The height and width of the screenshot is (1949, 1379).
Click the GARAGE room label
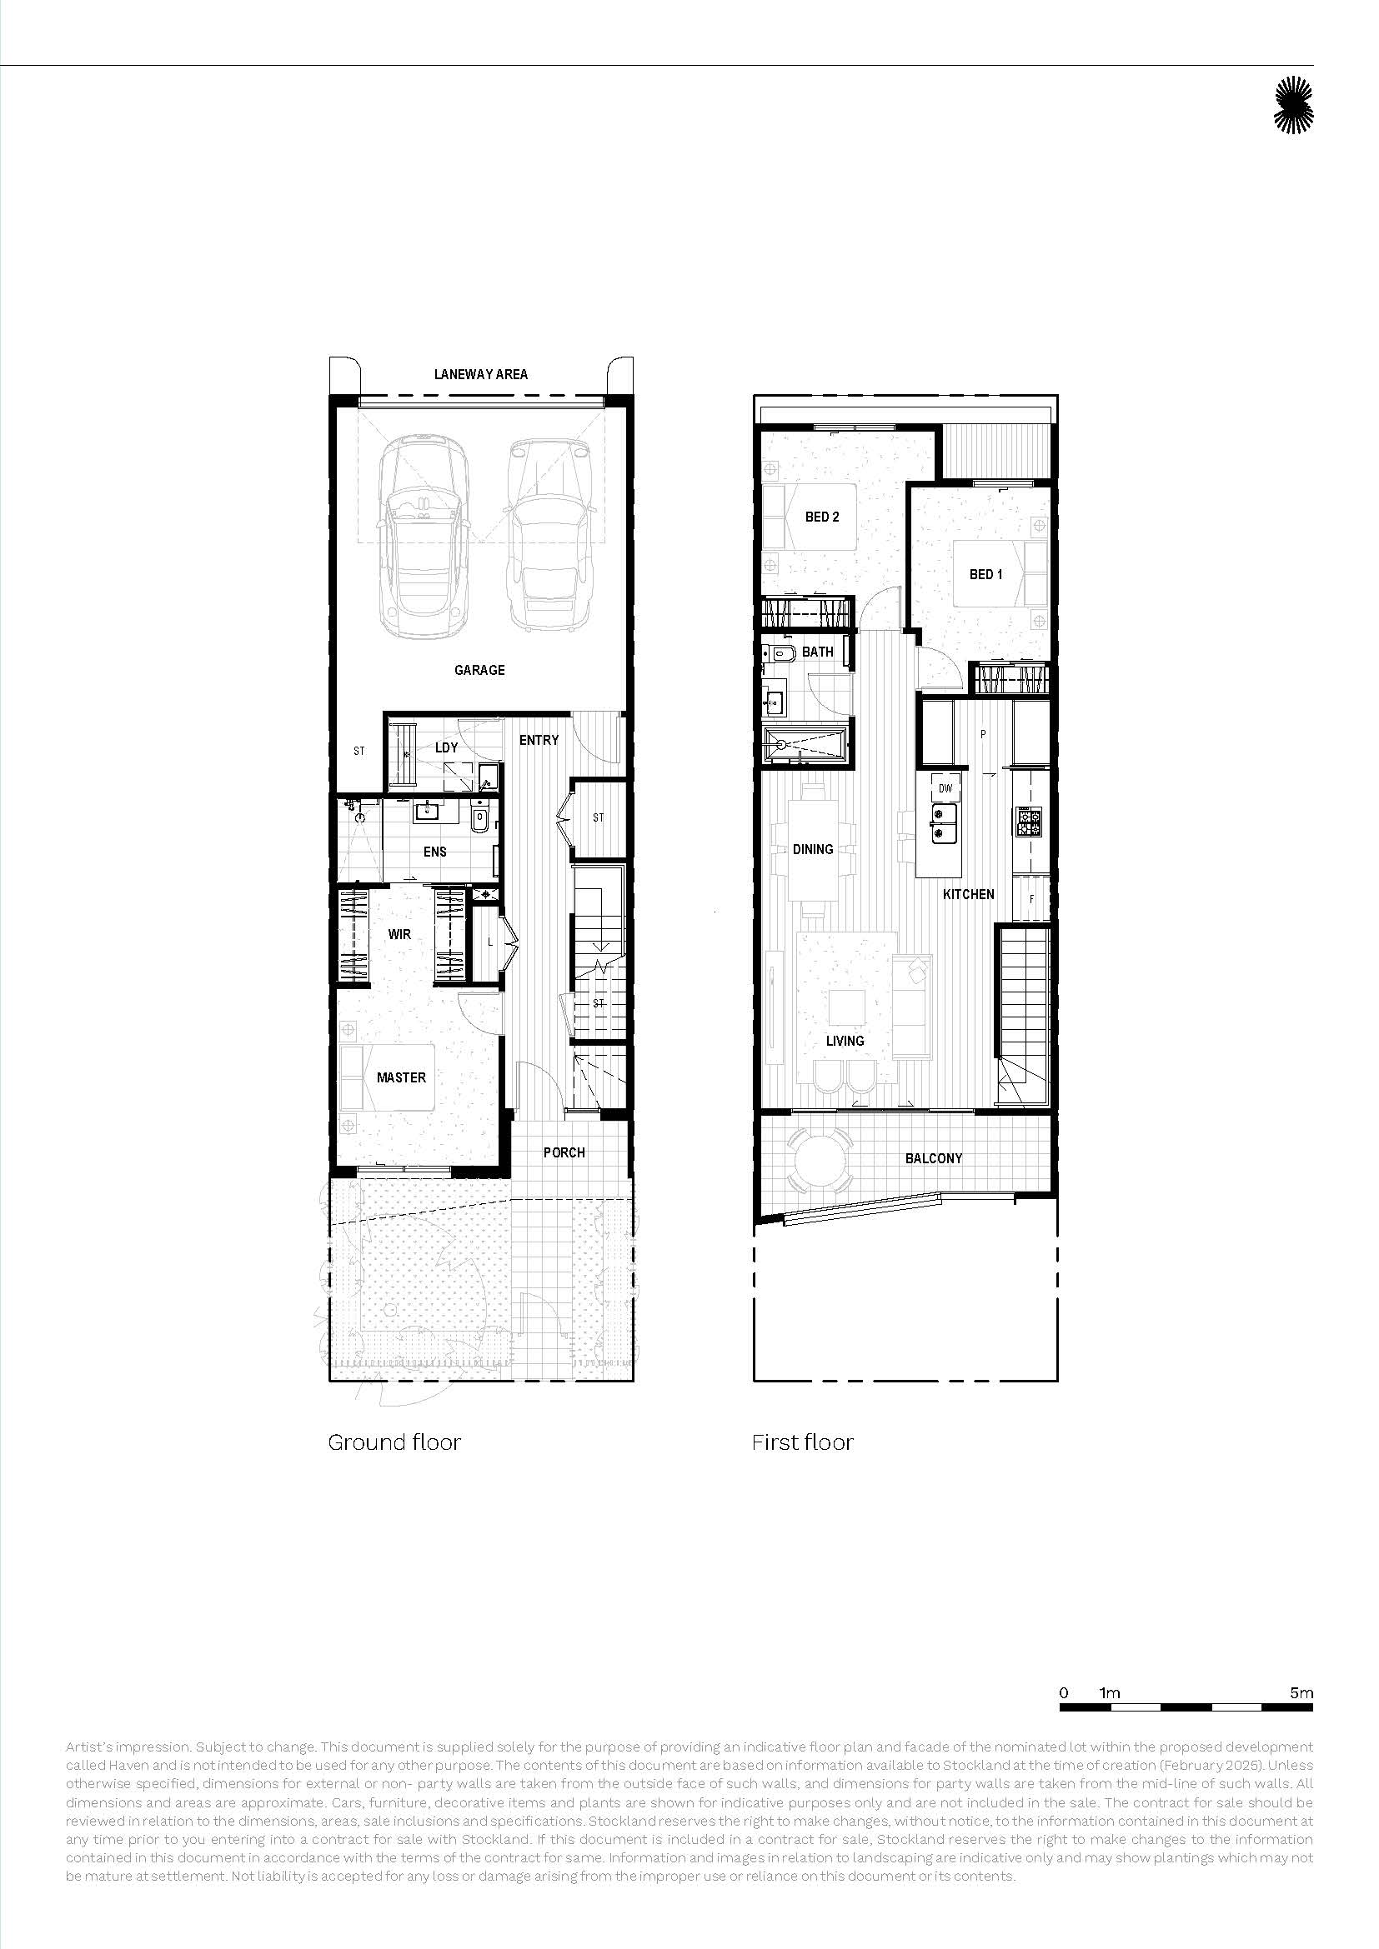[x=479, y=670]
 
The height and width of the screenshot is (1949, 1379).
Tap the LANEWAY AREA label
[x=480, y=373]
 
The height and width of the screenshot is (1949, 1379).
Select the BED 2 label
[x=822, y=516]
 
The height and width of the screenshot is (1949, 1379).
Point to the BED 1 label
[x=985, y=574]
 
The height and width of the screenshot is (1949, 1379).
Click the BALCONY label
[x=933, y=1158]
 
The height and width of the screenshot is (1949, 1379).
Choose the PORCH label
[x=564, y=1152]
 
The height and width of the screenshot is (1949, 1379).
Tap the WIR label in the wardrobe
[x=399, y=934]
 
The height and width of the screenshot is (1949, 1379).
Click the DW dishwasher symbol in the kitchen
[x=945, y=787]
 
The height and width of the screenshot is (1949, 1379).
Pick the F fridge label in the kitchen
[x=1031, y=899]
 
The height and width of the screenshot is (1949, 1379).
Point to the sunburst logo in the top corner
[x=1293, y=105]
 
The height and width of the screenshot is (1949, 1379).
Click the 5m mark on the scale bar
[x=1301, y=1692]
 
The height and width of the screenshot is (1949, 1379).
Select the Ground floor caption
[x=394, y=1442]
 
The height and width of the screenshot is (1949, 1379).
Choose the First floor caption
[x=802, y=1442]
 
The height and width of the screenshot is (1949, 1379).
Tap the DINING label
[x=813, y=849]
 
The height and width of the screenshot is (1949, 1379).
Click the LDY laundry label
[x=446, y=747]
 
